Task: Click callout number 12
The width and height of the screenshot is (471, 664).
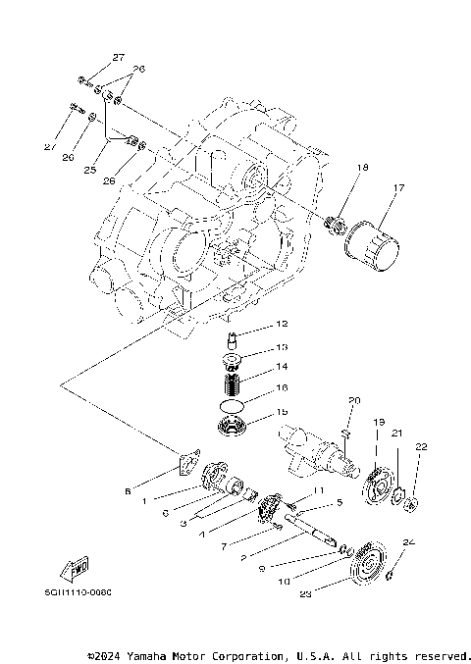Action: point(281,323)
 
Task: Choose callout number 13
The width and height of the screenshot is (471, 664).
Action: point(281,346)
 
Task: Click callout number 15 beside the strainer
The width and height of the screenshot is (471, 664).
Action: point(281,412)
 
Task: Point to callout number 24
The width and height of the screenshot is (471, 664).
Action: point(409,540)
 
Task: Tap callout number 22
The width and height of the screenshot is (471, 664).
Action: point(420,447)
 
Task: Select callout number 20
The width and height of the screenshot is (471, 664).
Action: point(355,399)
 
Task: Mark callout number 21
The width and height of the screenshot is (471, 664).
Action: point(396,433)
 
